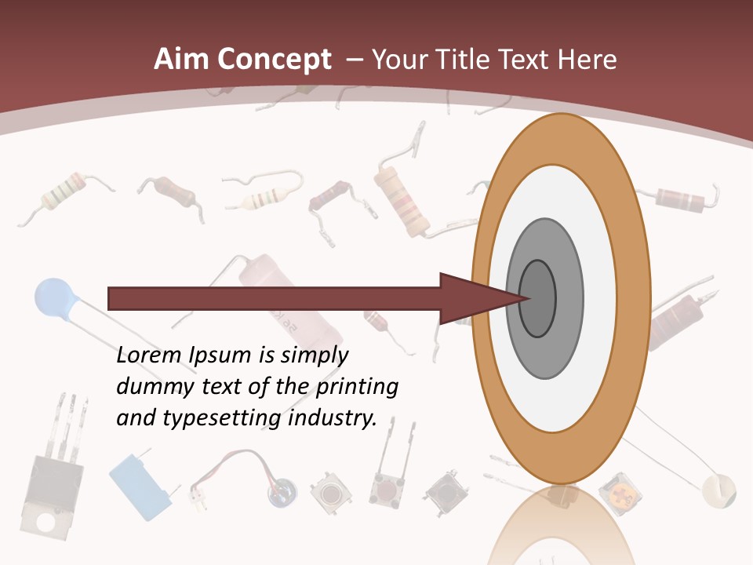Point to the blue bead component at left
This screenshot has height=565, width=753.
coord(53,298)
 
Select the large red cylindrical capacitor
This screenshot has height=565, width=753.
coord(267,290)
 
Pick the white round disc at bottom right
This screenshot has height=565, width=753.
coord(719,490)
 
